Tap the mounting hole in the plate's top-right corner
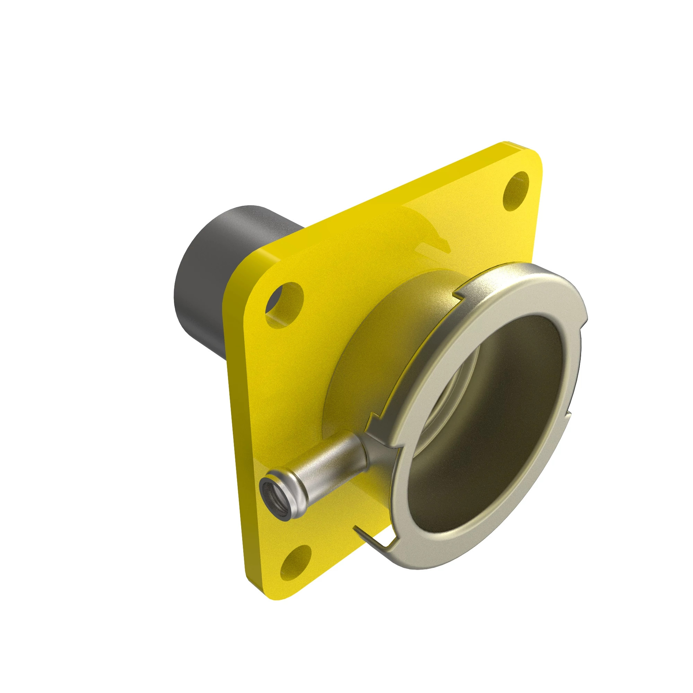[x=516, y=191]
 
